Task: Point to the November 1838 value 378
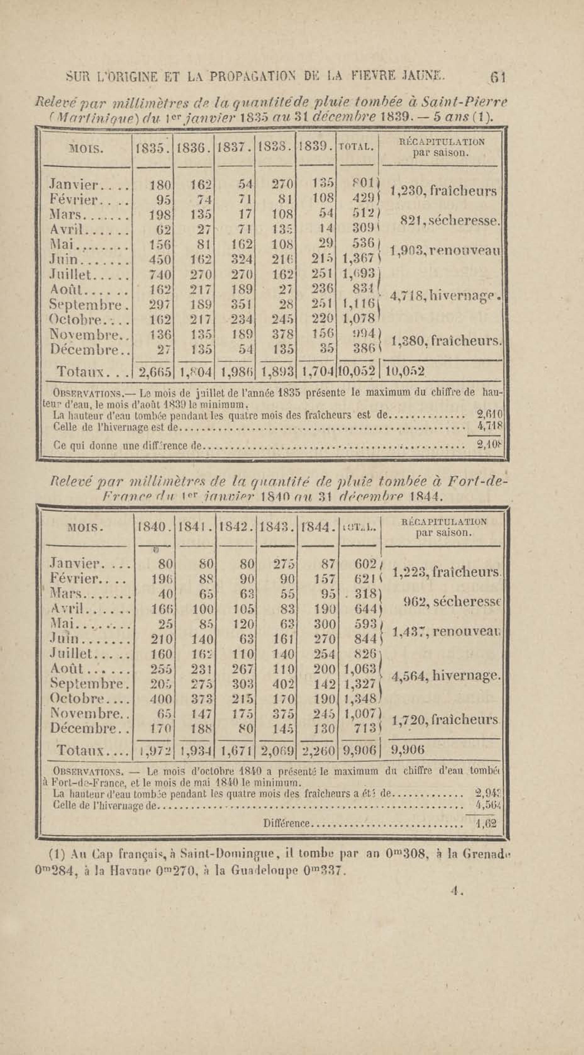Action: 283,334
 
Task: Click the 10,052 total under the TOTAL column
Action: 357,372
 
